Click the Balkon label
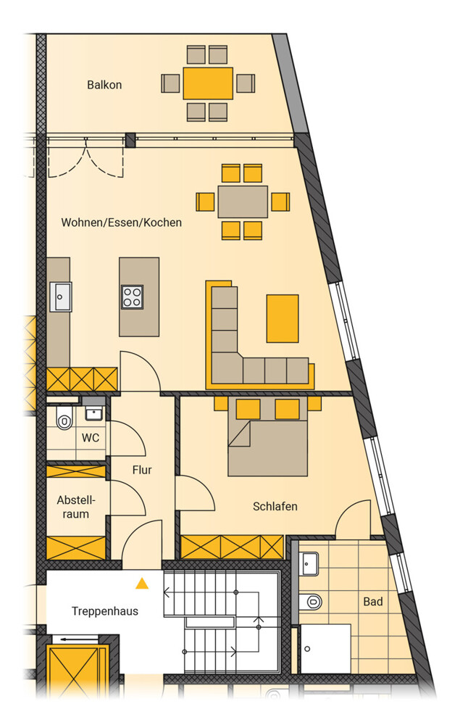point(104,85)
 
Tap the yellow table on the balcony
point(208,83)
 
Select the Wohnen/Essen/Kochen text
point(122,223)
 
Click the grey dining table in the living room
point(243,202)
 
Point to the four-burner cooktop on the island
point(132,297)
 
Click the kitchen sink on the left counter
point(61,297)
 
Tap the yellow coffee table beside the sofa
point(283,318)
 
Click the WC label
point(91,437)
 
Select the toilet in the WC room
point(64,419)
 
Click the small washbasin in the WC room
point(93,413)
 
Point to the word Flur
point(142,470)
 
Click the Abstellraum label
point(76,507)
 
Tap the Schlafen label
point(275,506)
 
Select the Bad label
point(373,602)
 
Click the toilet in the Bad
point(311,602)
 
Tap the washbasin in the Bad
point(309,564)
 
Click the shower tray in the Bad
point(325,649)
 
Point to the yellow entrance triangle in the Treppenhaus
point(142,584)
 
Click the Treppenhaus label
point(105,611)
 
